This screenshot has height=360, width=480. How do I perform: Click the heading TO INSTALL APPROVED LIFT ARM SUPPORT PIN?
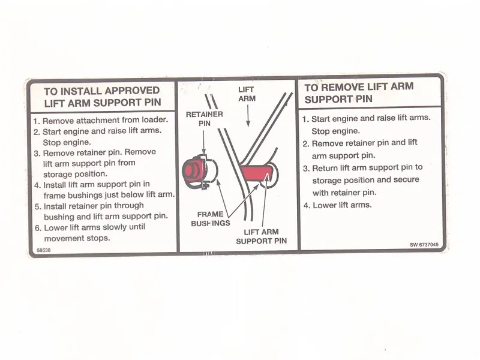tap(102, 97)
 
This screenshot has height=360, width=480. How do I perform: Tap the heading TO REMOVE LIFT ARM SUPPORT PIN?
tap(359, 92)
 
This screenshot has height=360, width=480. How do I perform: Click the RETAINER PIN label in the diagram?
tap(205, 118)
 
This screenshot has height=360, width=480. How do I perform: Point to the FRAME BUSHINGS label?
tap(211, 218)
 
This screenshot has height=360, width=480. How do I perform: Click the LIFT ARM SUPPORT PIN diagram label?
tap(261, 236)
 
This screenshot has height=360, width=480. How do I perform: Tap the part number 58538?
tap(43, 247)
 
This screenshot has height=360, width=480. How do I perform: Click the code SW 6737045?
tap(424, 244)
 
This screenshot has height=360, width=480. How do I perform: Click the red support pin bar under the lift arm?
tap(259, 175)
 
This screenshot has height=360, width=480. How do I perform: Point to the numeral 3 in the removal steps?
tap(305, 168)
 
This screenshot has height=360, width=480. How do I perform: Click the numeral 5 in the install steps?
tap(37, 206)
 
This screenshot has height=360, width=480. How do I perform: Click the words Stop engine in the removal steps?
tap(335, 131)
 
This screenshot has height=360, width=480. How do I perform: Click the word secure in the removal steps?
tap(407, 180)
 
